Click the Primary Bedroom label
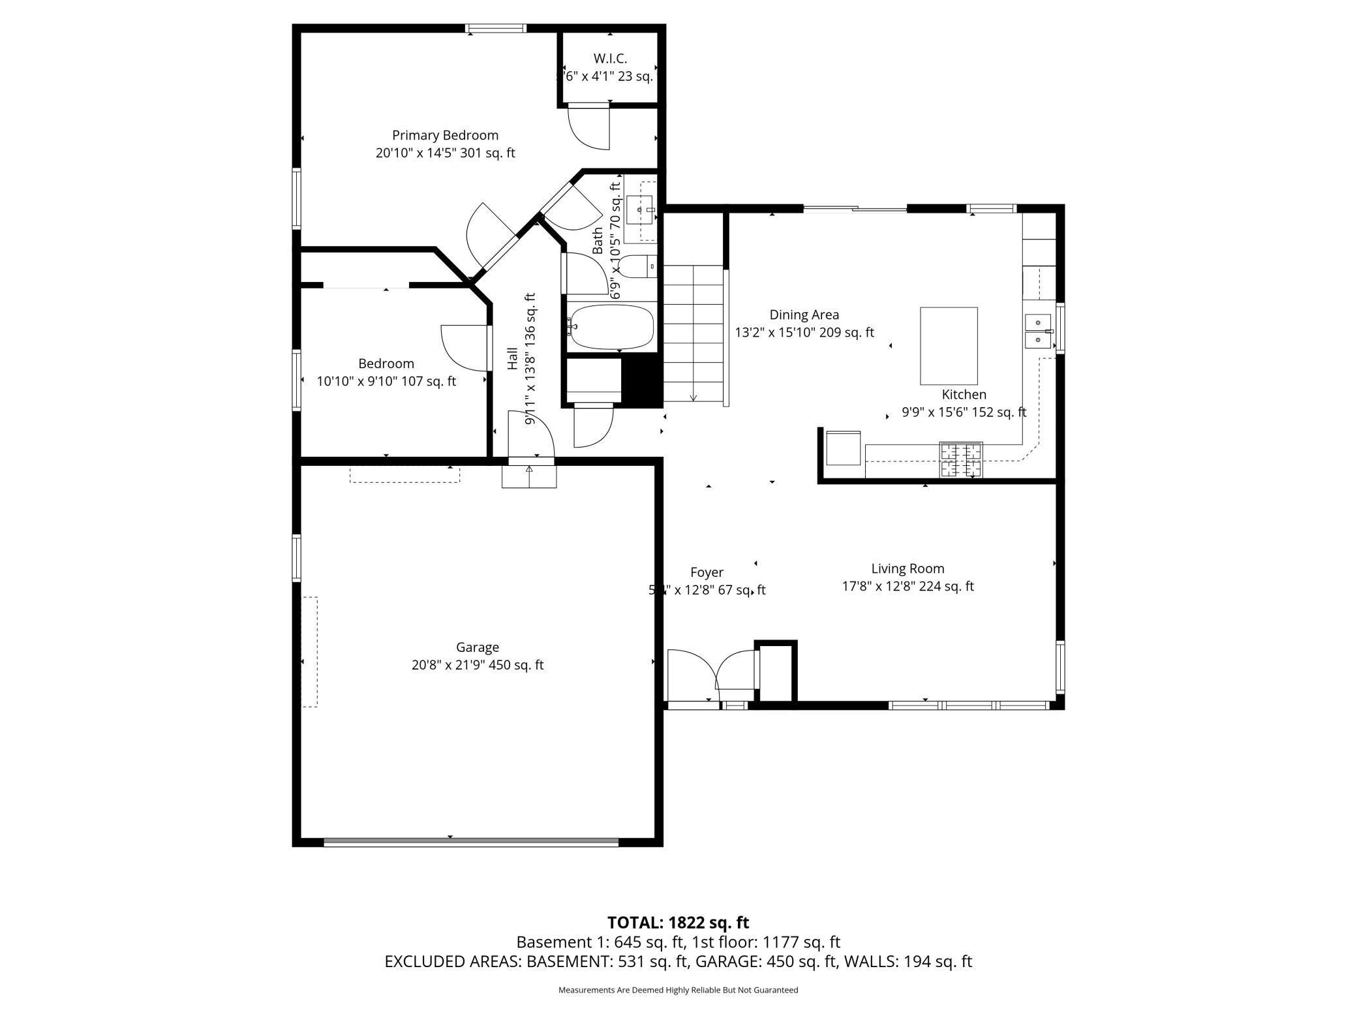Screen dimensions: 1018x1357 445,135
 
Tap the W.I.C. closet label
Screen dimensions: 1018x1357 610,59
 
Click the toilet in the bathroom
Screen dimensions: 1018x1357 637,266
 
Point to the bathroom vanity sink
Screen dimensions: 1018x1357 639,209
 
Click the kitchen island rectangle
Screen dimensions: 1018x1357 949,346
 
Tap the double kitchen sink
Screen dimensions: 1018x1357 1037,332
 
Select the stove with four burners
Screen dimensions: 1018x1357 960,459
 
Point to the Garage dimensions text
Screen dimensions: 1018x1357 477,665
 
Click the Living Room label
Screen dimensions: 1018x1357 907,568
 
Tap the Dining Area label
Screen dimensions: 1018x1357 804,315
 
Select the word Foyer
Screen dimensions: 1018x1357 707,572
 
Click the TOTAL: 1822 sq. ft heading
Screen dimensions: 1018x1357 678,922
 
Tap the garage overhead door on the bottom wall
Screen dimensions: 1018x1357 470,842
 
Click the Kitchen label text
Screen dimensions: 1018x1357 964,394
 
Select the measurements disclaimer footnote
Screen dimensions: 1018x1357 678,990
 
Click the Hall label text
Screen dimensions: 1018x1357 513,359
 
